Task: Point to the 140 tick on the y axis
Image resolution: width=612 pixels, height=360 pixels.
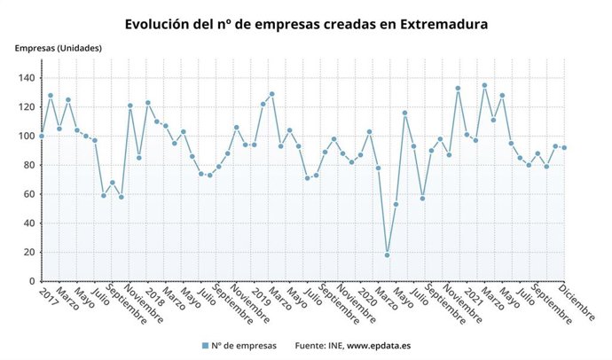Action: coord(26,78)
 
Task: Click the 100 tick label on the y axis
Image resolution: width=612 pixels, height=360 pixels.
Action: coord(26,136)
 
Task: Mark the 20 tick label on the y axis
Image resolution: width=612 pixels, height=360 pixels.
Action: coord(28,252)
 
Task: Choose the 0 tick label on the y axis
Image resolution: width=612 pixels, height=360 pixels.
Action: coord(31,281)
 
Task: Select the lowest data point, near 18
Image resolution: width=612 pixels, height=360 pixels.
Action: coord(387,255)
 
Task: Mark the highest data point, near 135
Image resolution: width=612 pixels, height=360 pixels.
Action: coord(484,85)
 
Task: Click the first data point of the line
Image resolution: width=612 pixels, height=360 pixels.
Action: coord(42,136)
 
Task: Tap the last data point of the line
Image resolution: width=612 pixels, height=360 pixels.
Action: coord(564,148)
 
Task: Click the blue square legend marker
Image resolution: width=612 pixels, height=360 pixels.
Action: coord(205,346)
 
